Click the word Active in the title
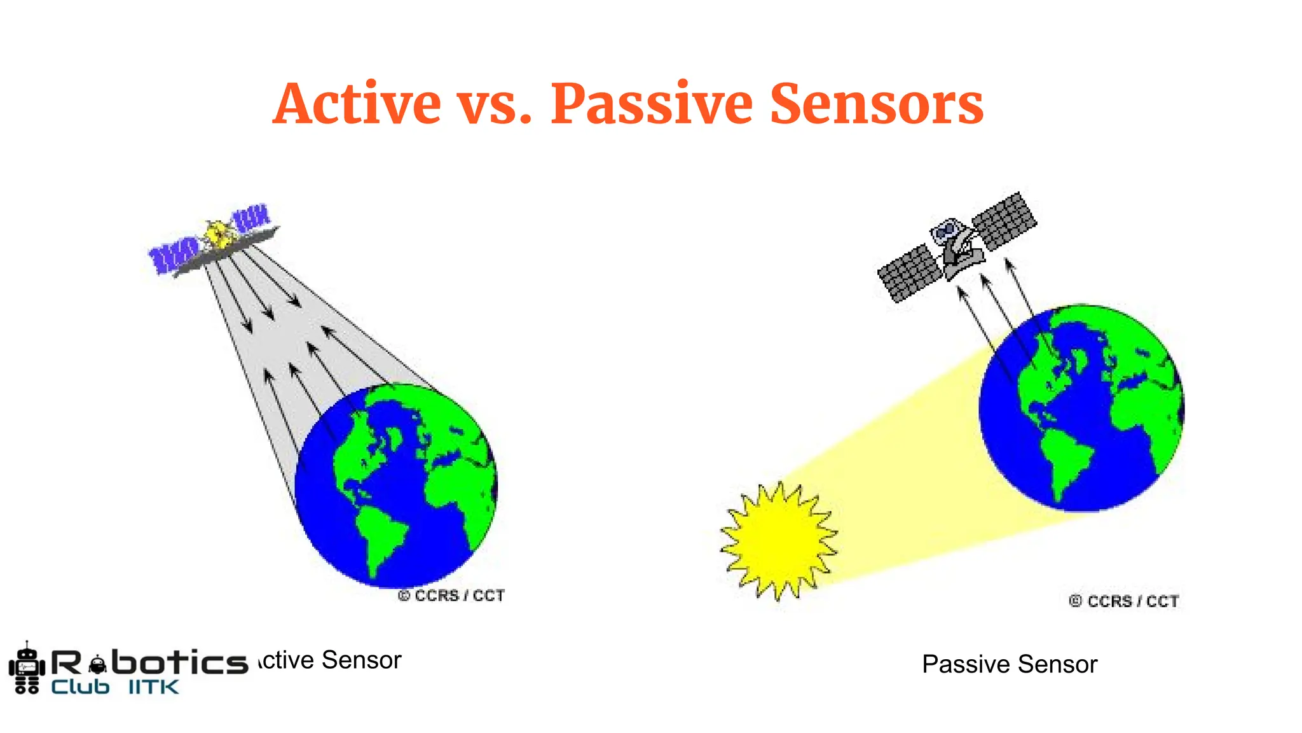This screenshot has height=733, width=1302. coord(357,104)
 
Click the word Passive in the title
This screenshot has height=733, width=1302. coord(652,104)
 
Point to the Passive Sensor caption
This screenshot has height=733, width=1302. coord(1010,664)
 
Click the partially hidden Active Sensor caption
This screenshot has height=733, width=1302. coord(331,660)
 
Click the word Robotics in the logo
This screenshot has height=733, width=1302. coord(149,663)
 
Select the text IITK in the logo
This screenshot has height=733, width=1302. coord(154,687)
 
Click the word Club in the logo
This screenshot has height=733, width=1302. coord(80,687)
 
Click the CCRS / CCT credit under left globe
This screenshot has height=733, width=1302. coord(451,596)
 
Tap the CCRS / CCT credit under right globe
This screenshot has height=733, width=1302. coord(1124,601)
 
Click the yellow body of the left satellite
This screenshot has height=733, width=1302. coord(217,235)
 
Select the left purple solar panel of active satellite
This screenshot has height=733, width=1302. coord(172,255)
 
